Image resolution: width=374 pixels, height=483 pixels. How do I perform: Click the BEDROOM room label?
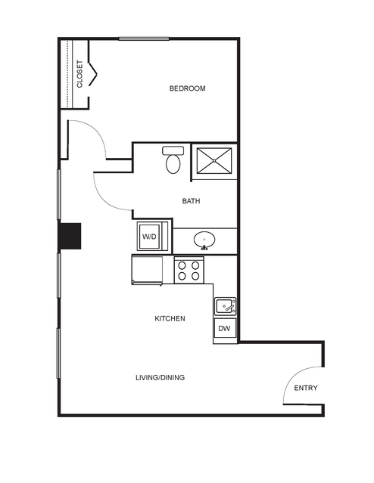point(187,88)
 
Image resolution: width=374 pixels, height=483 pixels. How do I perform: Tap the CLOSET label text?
point(79,74)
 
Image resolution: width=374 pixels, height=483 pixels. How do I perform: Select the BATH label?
point(191,201)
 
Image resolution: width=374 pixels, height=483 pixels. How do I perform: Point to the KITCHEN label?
point(170,318)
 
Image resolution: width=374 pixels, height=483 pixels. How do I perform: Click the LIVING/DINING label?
point(161,377)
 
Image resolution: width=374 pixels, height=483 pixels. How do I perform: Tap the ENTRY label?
point(306,388)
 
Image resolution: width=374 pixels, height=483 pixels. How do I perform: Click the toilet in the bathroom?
point(173,160)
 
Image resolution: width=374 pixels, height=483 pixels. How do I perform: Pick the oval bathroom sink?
point(204,240)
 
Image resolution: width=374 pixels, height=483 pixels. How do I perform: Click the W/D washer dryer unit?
point(150,237)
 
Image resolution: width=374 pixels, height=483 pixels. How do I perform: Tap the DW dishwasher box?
point(224,328)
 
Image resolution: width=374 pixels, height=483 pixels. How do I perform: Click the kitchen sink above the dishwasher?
point(226,306)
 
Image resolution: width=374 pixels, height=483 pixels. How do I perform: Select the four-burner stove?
point(189,270)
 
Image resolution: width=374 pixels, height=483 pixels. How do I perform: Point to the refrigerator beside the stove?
point(147,270)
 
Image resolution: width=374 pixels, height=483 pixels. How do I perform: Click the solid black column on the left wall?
point(70,236)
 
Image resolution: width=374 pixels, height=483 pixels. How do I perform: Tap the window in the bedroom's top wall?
point(144,39)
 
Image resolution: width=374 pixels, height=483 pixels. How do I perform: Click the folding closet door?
point(93,73)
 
